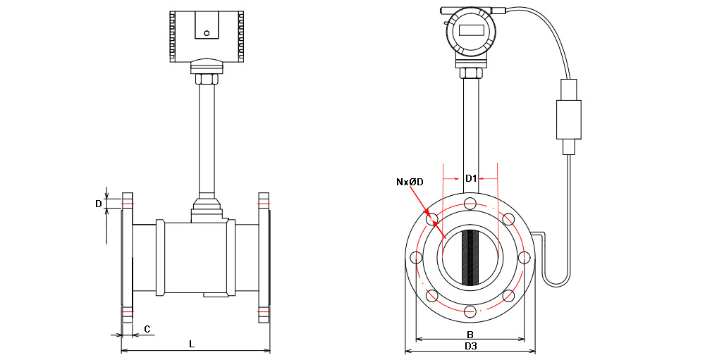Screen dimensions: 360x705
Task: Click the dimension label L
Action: click(192, 344)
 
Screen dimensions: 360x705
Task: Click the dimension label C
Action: click(147, 329)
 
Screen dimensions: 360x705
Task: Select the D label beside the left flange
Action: click(99, 204)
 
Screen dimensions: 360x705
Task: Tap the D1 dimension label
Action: click(470, 178)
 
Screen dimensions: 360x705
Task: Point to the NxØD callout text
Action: click(410, 182)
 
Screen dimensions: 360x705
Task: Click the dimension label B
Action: click(470, 334)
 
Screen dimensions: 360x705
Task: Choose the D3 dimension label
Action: click(470, 347)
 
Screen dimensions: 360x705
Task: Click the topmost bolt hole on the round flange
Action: click(470, 204)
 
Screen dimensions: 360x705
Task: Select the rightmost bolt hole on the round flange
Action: click(524, 257)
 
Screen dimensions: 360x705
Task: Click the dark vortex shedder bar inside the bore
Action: click(470, 257)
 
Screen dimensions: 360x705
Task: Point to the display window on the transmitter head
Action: click(470, 30)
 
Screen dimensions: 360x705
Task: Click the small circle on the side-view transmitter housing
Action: click(207, 32)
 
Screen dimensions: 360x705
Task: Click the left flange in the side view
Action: click(128, 257)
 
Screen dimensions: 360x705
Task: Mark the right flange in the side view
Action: click(264, 257)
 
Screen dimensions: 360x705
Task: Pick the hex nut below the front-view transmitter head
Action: click(470, 73)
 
